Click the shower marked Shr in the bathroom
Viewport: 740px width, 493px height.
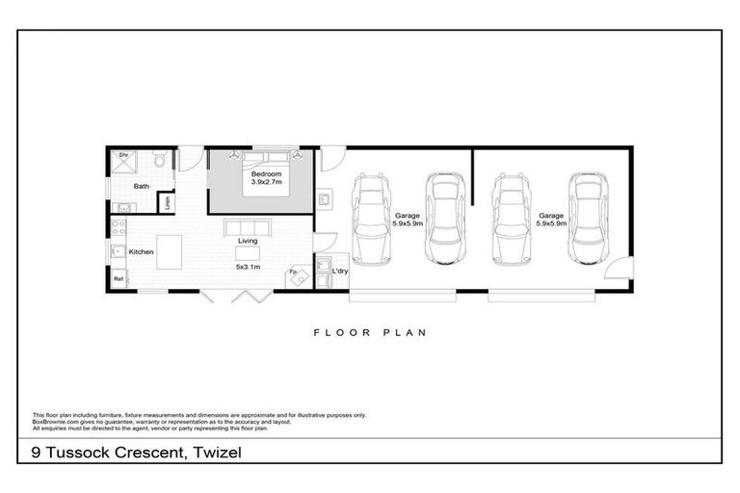tap(123, 162)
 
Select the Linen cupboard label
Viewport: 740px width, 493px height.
tap(168, 203)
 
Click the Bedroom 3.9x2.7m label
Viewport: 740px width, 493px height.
tap(265, 177)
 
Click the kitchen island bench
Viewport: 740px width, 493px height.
tap(170, 251)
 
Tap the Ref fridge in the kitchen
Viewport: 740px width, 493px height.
tap(119, 279)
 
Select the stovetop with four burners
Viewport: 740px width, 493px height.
tap(120, 229)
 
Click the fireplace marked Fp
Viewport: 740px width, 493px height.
tap(297, 276)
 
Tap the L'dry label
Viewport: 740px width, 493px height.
tap(339, 272)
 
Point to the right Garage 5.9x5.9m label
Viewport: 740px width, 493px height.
tap(551, 220)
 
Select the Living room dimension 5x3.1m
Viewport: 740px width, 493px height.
tap(250, 267)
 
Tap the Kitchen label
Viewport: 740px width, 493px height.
tap(142, 252)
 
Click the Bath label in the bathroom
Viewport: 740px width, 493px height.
tap(142, 186)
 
